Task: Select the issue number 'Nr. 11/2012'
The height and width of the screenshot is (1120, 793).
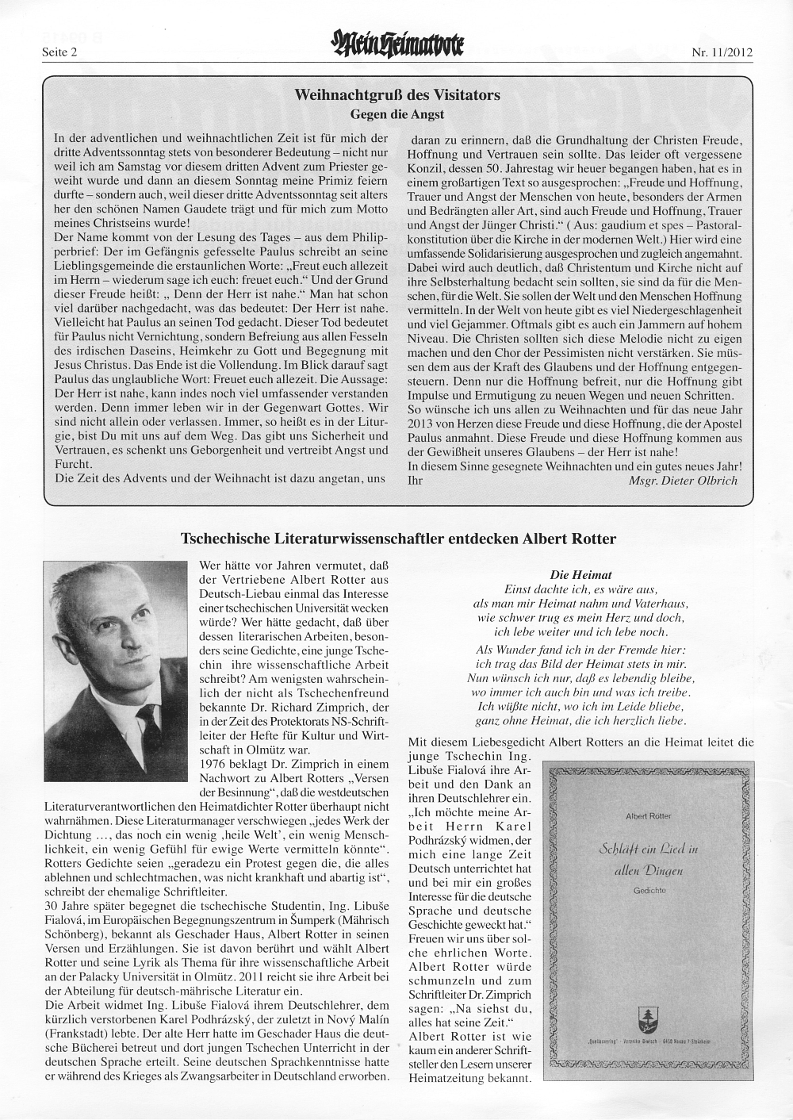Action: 722,53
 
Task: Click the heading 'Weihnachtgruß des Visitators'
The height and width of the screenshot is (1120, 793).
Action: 397,95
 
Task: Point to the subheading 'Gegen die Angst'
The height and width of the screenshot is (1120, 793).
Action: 396,114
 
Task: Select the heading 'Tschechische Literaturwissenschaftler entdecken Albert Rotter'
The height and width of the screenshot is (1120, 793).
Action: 398,539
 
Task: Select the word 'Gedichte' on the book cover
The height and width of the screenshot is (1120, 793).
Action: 649,891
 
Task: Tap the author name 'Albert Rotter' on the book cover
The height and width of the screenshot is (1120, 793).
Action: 649,815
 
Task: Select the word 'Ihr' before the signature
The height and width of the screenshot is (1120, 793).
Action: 415,480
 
